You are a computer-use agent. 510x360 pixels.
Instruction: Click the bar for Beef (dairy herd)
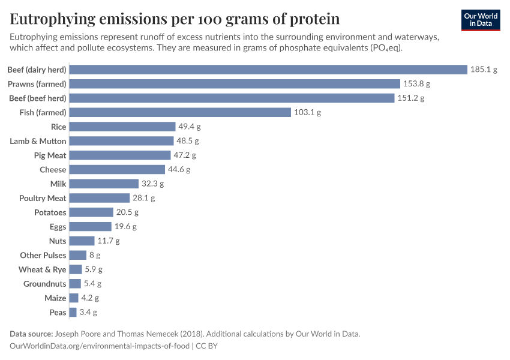(268, 70)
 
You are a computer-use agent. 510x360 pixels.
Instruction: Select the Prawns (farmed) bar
(235, 84)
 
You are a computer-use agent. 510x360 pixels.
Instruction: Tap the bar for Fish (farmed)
(180, 112)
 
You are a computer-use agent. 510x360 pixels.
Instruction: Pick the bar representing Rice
(122, 127)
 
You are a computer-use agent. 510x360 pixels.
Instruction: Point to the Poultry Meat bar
(100, 198)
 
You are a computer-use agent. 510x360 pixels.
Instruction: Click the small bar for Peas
(73, 312)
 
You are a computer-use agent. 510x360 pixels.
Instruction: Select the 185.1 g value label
(484, 70)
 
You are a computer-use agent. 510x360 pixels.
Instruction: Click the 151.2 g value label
(410, 98)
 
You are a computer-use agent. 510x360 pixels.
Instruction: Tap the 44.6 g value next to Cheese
(179, 170)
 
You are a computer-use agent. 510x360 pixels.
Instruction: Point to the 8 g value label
(94, 255)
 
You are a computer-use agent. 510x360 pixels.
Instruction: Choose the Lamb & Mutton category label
(38, 141)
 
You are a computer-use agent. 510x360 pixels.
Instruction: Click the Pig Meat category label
(50, 155)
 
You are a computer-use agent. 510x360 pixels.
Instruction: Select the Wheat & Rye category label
(42, 269)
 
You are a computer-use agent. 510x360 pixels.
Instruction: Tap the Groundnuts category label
(44, 284)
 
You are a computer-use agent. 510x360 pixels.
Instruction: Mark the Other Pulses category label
(43, 255)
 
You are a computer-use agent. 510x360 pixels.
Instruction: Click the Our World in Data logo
(481, 19)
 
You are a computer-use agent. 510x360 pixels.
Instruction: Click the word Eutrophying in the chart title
(52, 19)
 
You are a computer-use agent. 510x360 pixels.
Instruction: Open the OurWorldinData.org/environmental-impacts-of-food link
(100, 346)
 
